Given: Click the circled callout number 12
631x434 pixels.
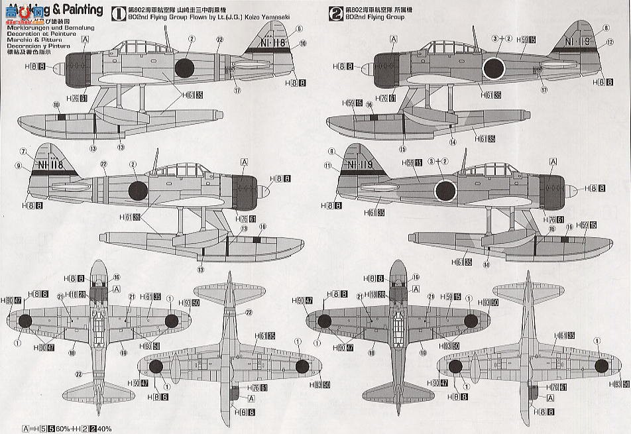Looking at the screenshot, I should click(607, 42).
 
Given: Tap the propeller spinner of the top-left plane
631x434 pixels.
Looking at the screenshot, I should click(56, 68).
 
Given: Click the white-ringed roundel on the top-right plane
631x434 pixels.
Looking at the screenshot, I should click(494, 68).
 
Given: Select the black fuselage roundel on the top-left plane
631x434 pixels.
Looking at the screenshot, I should click(184, 67).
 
